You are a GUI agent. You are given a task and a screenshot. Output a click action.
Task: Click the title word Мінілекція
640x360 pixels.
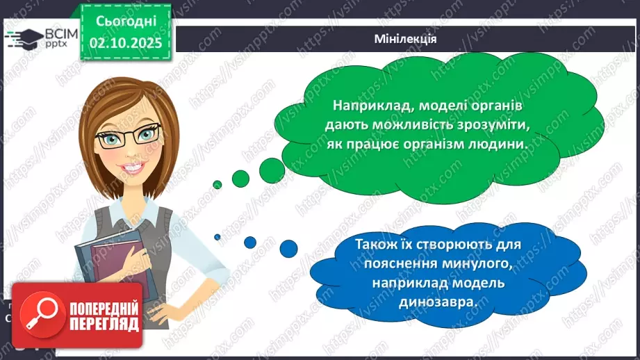[404, 38]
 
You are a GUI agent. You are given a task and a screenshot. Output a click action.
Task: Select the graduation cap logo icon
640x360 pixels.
[25, 38]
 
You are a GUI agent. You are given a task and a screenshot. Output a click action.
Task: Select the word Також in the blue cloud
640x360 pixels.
[374, 245]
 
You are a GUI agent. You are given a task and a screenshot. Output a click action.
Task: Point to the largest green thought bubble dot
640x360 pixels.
[269, 165]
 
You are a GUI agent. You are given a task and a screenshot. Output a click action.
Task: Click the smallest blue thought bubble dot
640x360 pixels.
[218, 237]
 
